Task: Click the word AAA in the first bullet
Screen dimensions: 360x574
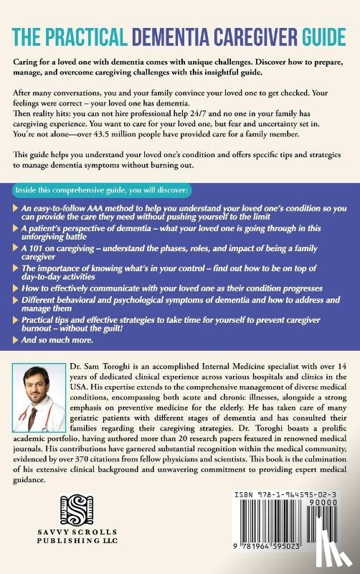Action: (x=101, y=208)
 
